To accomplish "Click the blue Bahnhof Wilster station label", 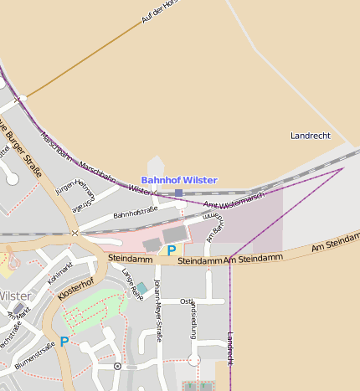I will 178,180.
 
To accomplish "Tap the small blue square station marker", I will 178,193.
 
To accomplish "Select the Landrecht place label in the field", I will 310,136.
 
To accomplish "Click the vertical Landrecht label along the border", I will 230,347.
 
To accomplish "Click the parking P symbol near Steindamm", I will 172,250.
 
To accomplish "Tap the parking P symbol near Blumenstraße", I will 64,342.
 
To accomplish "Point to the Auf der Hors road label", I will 161,10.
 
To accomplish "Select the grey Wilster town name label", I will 15,296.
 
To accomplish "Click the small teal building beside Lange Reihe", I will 141,288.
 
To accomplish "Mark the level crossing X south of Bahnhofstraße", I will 75,234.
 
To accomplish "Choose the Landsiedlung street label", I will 193,319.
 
